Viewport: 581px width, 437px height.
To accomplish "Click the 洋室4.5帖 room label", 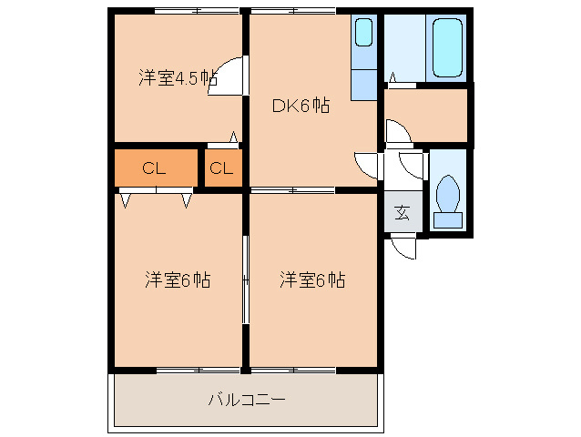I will (178, 77).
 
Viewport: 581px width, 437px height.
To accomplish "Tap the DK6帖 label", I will (301, 105).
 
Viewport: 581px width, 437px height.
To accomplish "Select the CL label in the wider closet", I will (154, 168).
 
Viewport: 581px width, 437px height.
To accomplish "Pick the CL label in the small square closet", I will (222, 168).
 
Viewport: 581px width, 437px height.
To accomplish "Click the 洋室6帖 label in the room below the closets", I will (178, 279).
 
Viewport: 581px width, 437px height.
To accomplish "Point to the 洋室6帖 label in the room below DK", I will (312, 279).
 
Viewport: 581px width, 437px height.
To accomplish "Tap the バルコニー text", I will (247, 399).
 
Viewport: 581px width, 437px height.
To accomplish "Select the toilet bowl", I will (447, 193).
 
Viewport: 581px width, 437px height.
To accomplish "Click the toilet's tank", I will (447, 219).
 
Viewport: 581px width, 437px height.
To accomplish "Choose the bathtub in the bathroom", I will (447, 47).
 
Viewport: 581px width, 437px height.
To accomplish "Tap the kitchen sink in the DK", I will (363, 34).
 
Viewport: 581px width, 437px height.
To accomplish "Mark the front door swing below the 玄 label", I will (402, 247).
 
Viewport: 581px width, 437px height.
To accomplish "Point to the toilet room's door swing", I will (413, 166).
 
